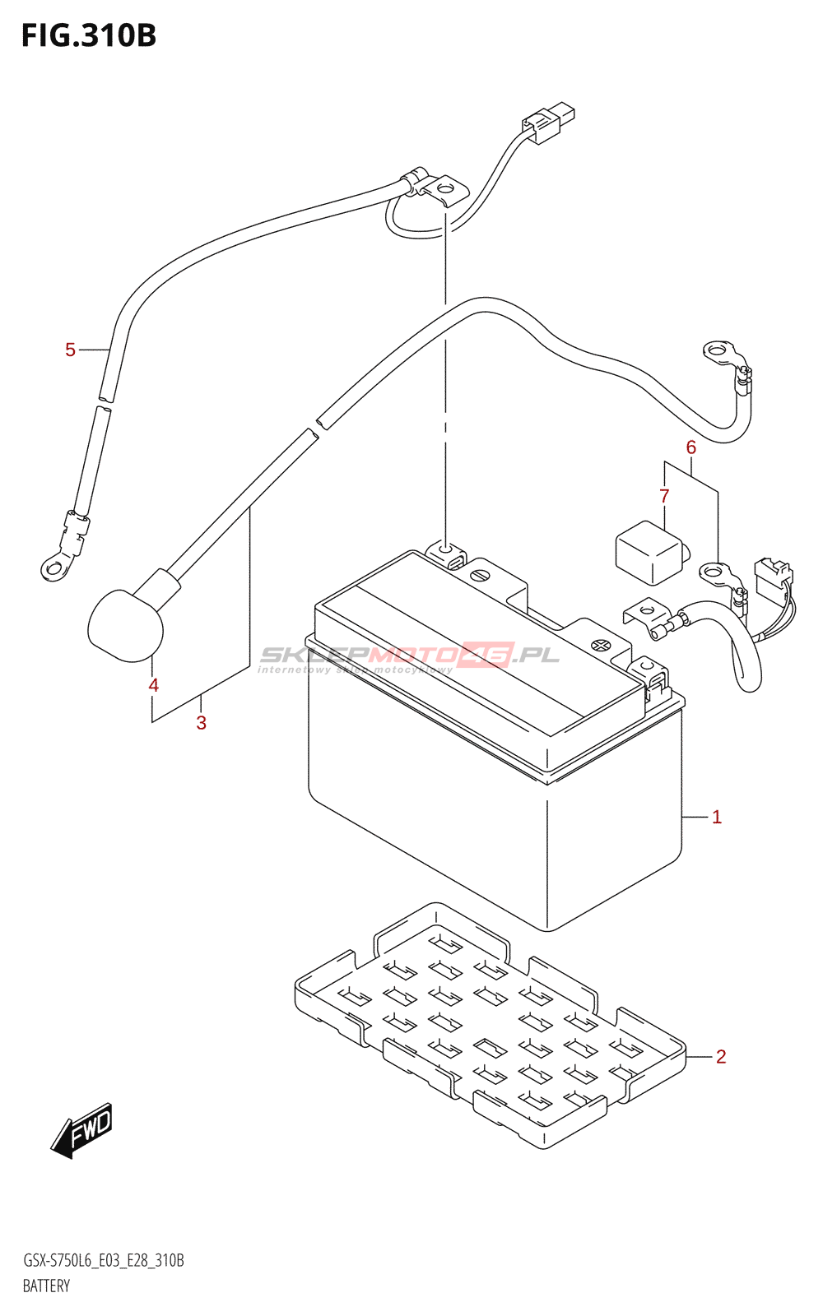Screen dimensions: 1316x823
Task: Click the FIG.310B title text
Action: pyautogui.click(x=89, y=35)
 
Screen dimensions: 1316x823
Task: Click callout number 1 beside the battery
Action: pyautogui.click(x=717, y=817)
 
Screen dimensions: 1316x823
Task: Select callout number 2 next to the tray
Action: pyautogui.click(x=721, y=1056)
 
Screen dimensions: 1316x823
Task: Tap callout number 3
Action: pyautogui.click(x=201, y=723)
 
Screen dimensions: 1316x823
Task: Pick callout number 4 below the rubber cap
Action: pyautogui.click(x=153, y=685)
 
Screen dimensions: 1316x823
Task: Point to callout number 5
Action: pyautogui.click(x=70, y=350)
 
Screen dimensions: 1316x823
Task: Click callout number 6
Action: pyautogui.click(x=691, y=447)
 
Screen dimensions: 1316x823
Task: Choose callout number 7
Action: pyautogui.click(x=664, y=496)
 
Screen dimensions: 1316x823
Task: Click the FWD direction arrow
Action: pyautogui.click(x=81, y=1130)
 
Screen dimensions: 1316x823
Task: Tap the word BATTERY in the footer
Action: pyautogui.click(x=46, y=1286)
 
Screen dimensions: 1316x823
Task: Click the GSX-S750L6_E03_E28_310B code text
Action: pyautogui.click(x=104, y=1261)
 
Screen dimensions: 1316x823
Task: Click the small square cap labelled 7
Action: pyautogui.click(x=649, y=552)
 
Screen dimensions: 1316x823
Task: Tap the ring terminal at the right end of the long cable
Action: pyautogui.click(x=718, y=352)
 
